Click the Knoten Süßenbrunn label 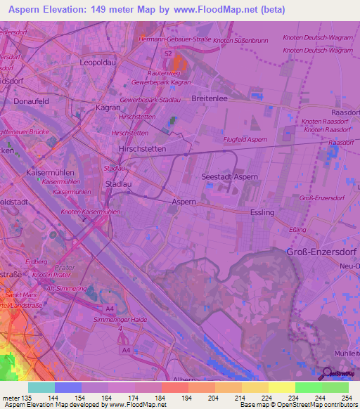241,41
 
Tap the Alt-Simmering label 66,289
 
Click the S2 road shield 167,53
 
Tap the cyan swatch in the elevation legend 41,387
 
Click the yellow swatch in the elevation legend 281,387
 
